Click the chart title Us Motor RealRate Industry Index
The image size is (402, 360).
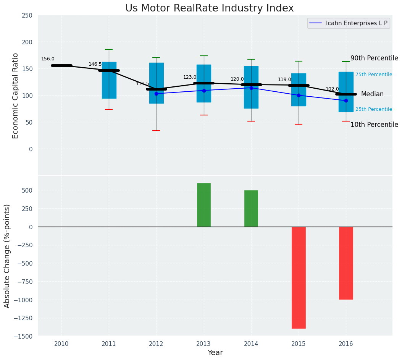coord(209,8)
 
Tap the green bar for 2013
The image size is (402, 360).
coord(204,205)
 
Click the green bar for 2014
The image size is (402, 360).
coord(251,209)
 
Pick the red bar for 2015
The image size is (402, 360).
coord(299,277)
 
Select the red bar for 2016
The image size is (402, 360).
coord(346,263)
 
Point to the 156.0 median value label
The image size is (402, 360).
coord(48,59)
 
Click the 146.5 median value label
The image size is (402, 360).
coord(95,64)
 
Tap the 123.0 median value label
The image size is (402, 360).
coord(190,77)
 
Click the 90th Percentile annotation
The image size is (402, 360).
coord(374,58)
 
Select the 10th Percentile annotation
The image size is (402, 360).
coord(374,125)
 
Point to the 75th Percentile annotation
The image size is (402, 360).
coord(373,75)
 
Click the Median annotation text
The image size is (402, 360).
coord(372,94)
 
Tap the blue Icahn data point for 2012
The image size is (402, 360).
coord(156,94)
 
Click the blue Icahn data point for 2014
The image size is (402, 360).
coord(251,88)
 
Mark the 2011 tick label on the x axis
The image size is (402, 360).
coord(109,344)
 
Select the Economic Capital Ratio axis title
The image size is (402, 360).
coord(16,96)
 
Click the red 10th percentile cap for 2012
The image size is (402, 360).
coord(156,131)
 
